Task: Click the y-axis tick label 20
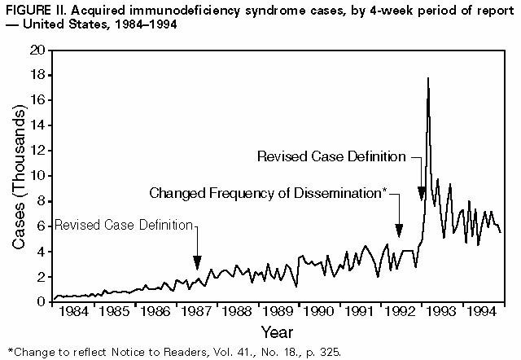coord(36,50)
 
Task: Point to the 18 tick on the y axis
coord(36,76)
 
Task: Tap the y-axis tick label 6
coord(39,226)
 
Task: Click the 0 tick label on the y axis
coord(39,302)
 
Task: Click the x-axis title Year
coord(277,331)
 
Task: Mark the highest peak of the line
coord(428,78)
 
